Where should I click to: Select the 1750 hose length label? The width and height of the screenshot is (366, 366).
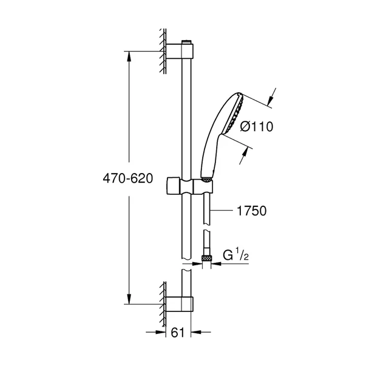(x=251, y=210)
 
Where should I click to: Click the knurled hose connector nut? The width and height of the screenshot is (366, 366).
(x=207, y=257)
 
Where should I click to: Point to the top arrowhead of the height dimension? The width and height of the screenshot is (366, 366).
(x=128, y=56)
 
